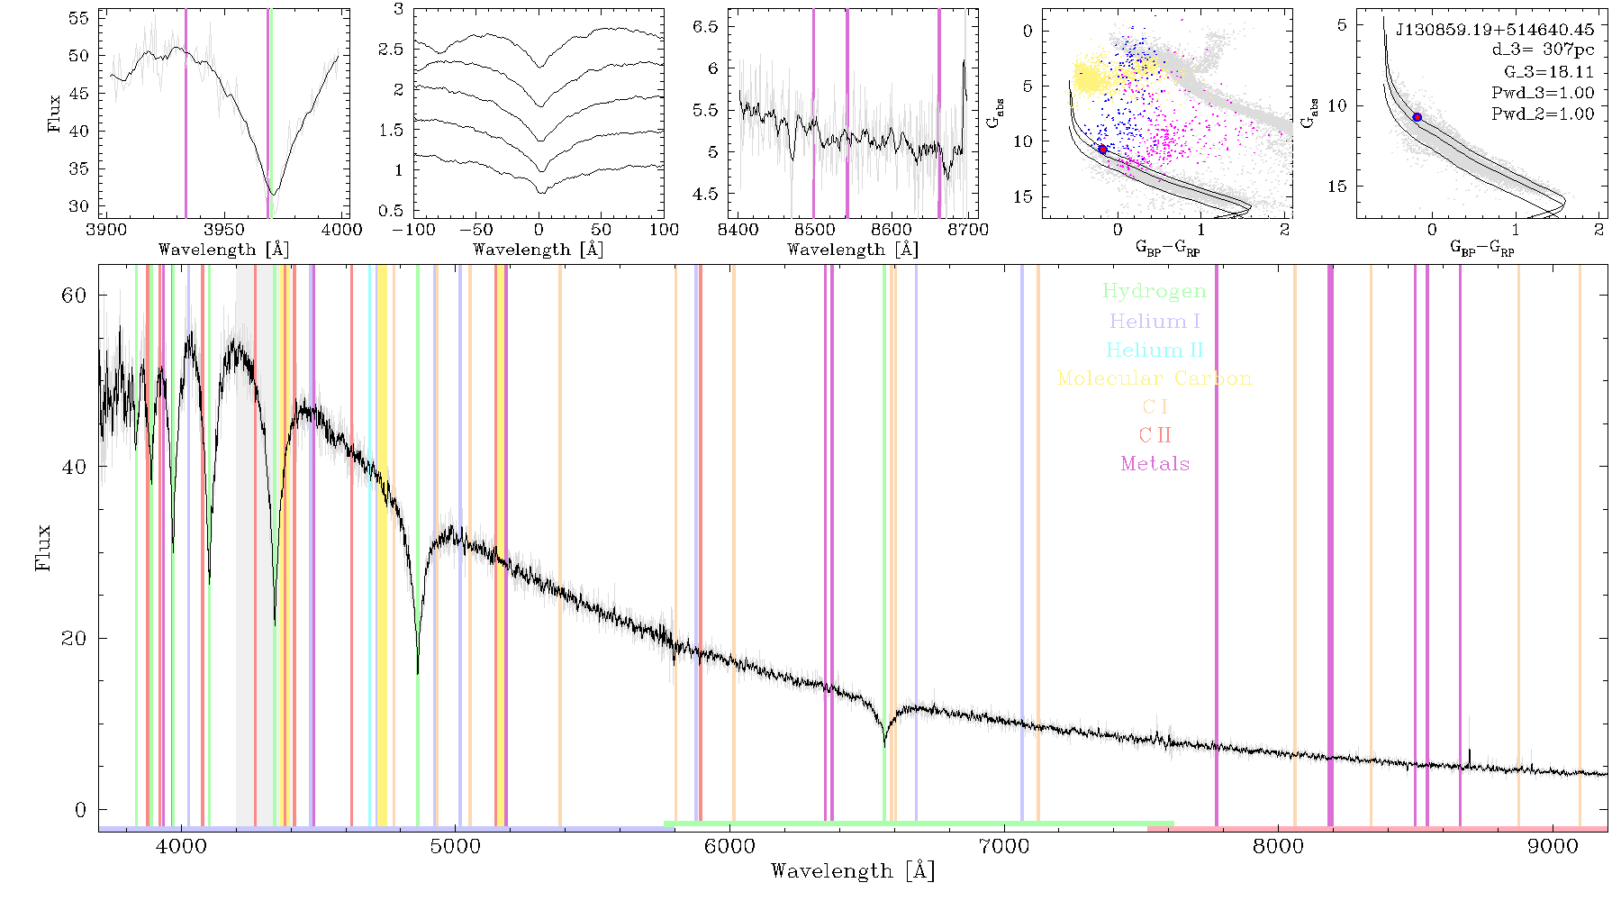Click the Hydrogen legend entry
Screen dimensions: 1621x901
(x=1154, y=292)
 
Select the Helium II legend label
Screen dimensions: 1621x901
(x=1155, y=350)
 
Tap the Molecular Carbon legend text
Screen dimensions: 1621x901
(x=1155, y=378)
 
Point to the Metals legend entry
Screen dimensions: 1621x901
(x=1155, y=464)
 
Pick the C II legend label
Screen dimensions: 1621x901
(x=1155, y=435)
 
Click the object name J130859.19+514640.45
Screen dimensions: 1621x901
(x=1495, y=30)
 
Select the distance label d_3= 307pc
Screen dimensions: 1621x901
(x=1543, y=50)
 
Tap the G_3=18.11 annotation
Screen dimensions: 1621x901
(x=1549, y=72)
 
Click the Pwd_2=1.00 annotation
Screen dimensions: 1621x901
(x=1543, y=114)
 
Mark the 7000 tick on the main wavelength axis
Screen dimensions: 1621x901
(x=1003, y=846)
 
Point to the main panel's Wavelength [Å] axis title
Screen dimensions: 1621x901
(x=853, y=871)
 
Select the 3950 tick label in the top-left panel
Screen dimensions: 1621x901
(x=224, y=230)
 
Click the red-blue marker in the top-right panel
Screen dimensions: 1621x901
(x=1417, y=117)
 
